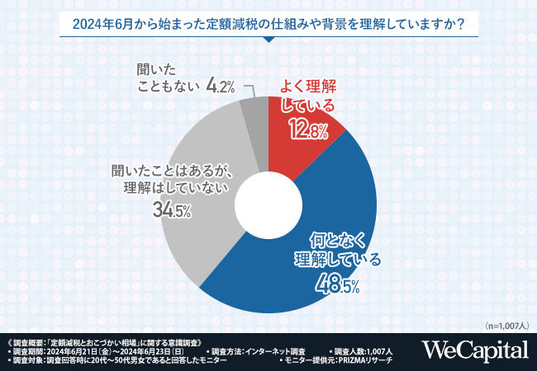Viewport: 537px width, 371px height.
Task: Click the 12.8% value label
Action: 308,129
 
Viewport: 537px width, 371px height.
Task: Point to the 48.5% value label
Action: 339,285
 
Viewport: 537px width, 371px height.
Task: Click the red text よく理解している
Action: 308,95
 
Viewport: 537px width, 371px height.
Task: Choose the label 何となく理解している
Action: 338,251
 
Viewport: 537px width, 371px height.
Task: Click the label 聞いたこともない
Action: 164,76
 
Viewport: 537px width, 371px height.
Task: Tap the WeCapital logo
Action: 475,350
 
